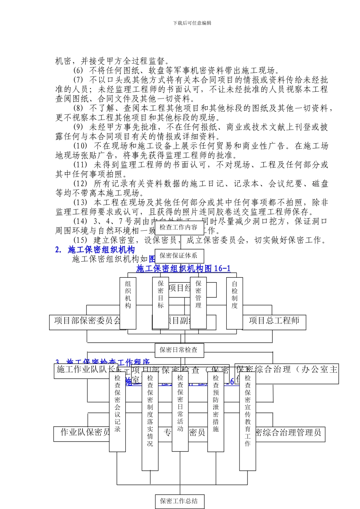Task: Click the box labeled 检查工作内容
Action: pos(178,227)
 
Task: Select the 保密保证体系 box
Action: pos(178,256)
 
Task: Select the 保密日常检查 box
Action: pos(178,350)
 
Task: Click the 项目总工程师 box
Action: pos(274,321)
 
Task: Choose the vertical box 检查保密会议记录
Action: pos(117,411)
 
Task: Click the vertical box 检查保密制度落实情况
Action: pos(150,420)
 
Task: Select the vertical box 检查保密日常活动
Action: pos(180,411)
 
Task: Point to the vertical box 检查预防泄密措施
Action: pos(216,411)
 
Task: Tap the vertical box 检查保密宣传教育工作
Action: pos(247,420)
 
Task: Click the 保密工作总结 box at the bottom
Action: pos(179,501)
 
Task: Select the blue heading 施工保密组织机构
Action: pos(101,250)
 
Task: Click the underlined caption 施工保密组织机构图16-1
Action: pos(183,269)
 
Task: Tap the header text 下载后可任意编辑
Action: pos(192,23)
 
